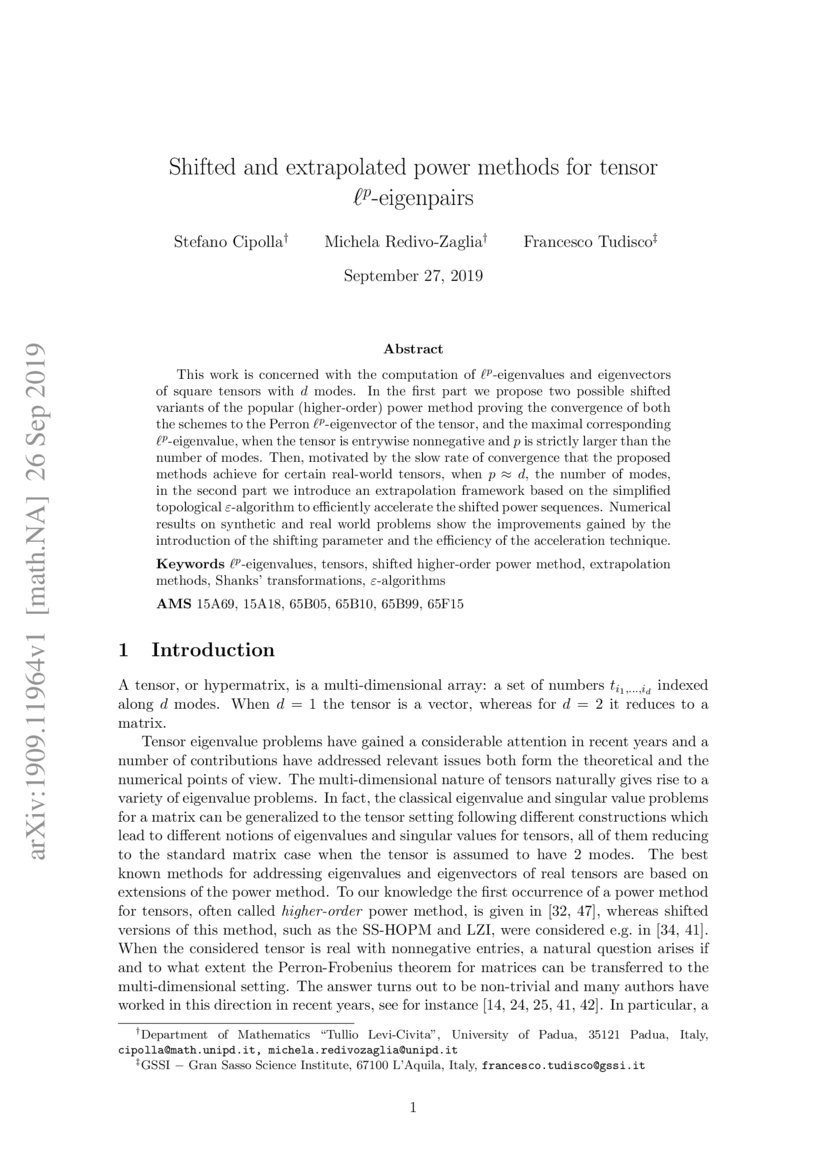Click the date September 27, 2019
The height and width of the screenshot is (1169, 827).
(x=413, y=275)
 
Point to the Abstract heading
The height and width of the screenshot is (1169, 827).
(x=413, y=350)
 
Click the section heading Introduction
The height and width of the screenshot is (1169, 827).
(x=212, y=650)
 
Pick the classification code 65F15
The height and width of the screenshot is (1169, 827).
(x=443, y=604)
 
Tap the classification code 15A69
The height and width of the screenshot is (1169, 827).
(x=215, y=604)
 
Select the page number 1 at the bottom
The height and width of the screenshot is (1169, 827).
(x=413, y=1107)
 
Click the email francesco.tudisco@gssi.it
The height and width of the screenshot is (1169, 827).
(x=563, y=1066)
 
